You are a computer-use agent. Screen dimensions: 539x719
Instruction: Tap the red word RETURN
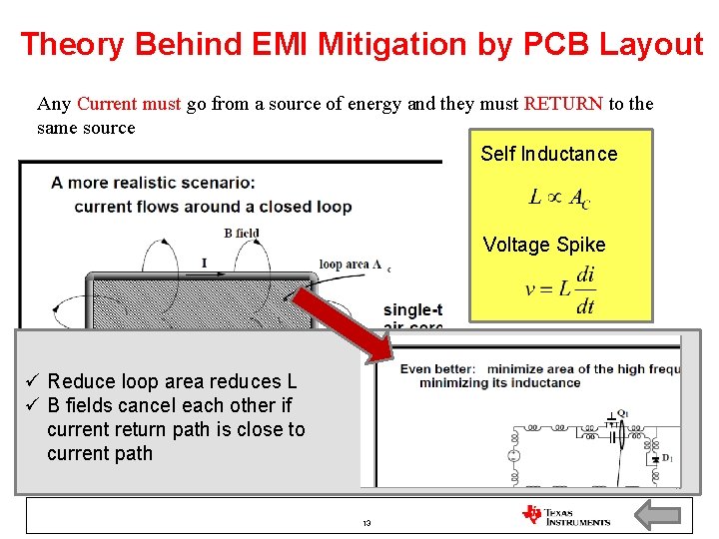(562, 104)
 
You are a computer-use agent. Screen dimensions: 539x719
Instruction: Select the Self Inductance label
(548, 154)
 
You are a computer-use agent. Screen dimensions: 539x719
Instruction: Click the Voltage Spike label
(543, 245)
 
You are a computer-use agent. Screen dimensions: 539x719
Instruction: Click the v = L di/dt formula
(560, 289)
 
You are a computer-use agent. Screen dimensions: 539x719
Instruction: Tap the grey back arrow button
(658, 515)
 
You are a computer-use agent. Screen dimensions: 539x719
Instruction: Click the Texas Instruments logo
(565, 515)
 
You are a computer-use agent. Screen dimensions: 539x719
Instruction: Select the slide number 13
(366, 523)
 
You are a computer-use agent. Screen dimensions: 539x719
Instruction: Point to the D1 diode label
(666, 458)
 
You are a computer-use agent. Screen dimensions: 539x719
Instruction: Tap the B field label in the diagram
(242, 234)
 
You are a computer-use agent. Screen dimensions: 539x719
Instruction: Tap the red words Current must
(129, 104)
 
